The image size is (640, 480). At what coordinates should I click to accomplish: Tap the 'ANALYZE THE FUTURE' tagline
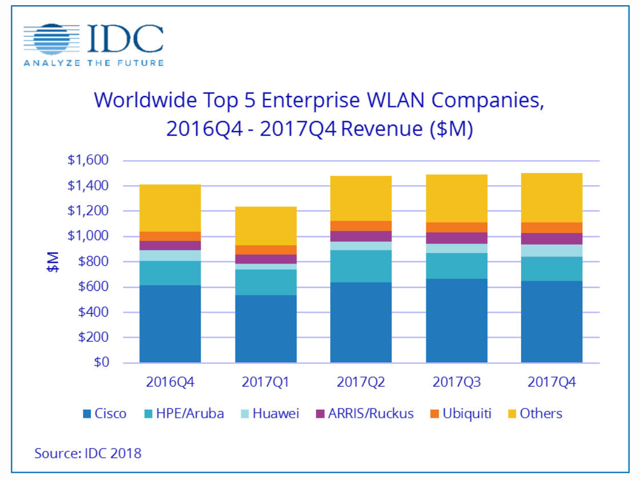tap(94, 63)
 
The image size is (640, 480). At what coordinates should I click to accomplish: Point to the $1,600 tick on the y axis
tap(89, 161)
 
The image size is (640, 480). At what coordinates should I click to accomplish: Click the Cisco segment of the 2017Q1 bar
tap(265, 329)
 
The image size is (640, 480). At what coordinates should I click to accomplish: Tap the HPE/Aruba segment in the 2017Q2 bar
tap(361, 266)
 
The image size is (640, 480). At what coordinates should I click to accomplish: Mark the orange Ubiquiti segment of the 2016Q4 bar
tap(170, 236)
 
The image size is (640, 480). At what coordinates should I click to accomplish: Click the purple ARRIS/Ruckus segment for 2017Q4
tap(551, 238)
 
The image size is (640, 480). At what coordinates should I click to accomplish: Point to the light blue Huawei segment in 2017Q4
tap(551, 250)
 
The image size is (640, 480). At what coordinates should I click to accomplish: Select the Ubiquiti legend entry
tap(461, 414)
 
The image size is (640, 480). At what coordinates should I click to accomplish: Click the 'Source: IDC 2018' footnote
tap(87, 454)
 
